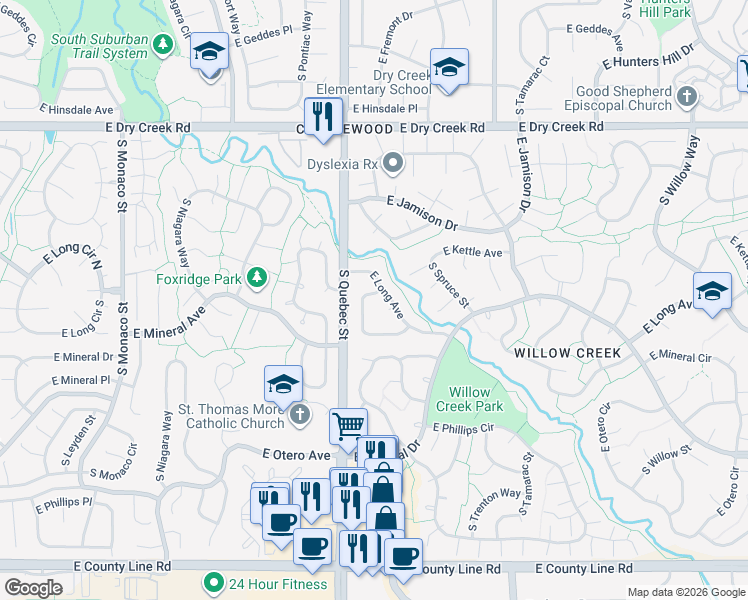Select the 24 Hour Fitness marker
(x=212, y=582)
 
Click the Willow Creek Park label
(x=476, y=399)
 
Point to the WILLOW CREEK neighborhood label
(x=567, y=353)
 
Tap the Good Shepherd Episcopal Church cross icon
(x=685, y=97)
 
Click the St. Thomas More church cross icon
(x=299, y=412)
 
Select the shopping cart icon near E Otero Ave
(x=348, y=425)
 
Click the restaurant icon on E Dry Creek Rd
(x=323, y=116)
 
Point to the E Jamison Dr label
(x=421, y=200)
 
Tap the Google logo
(x=32, y=588)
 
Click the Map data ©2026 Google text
(x=684, y=592)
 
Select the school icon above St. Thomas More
(x=283, y=383)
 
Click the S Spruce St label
(x=449, y=284)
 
